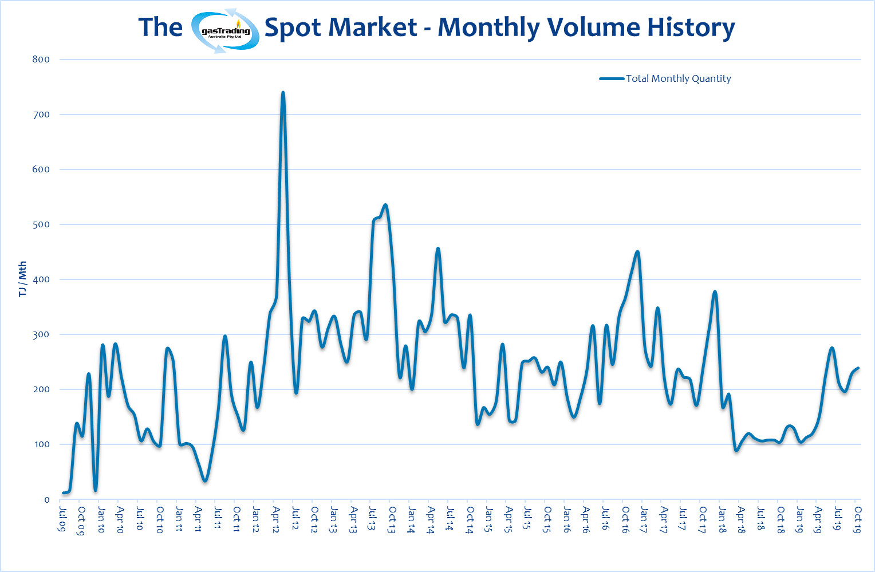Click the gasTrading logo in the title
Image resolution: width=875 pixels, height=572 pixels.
225,31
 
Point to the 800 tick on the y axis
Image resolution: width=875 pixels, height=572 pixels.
41,60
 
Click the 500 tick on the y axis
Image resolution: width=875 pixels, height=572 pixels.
41,224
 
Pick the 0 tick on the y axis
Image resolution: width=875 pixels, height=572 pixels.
47,500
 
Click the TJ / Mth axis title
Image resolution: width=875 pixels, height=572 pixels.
22,279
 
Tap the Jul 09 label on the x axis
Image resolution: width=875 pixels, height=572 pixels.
62,518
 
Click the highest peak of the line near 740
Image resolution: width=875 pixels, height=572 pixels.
283,93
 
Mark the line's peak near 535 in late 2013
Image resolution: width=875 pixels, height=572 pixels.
385,205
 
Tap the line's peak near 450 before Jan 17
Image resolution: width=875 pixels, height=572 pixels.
637,252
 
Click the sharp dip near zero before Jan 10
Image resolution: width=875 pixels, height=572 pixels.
96,490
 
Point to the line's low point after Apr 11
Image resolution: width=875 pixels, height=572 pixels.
205,480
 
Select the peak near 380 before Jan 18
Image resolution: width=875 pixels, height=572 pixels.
715,292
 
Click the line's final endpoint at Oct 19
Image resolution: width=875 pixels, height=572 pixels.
858,368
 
